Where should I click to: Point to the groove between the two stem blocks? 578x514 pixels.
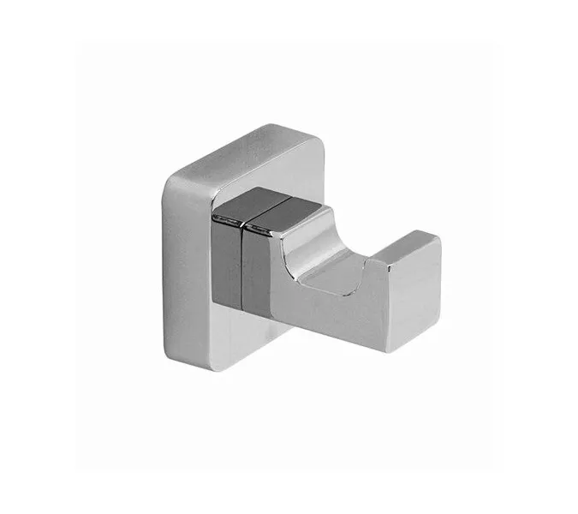pos(243,266)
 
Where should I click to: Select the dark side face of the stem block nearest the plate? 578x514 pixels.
pos(226,266)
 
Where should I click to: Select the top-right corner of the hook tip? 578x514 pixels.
pos(439,242)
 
